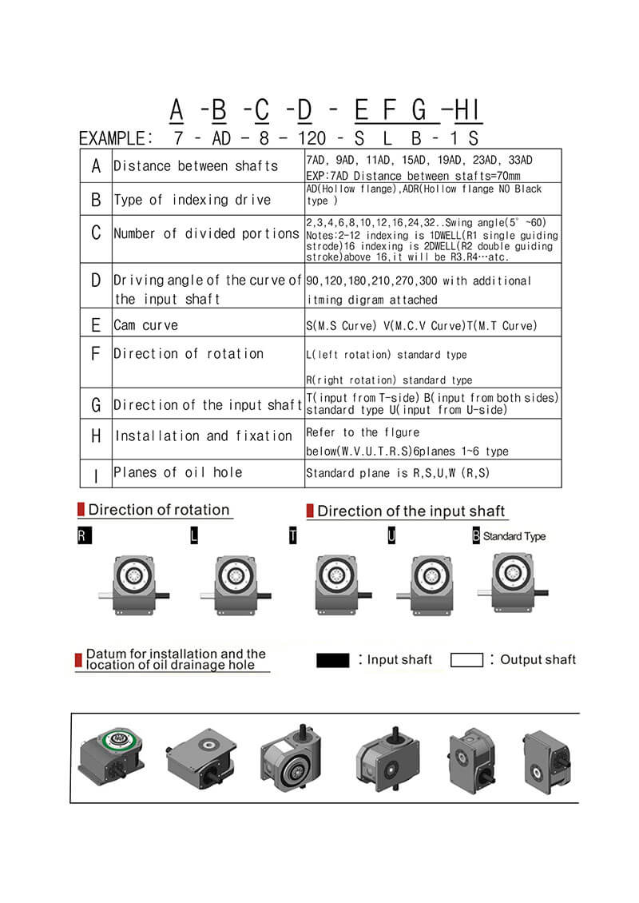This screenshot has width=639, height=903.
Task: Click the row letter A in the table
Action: coord(97,166)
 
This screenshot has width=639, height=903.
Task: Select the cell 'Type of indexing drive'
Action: coord(192,200)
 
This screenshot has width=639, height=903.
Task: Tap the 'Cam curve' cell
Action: coord(146,325)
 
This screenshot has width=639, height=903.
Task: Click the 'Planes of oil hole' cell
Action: coord(177,472)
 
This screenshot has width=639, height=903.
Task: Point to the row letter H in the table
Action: coord(97,436)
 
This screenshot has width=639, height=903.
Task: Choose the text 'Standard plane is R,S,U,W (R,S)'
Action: coord(398,473)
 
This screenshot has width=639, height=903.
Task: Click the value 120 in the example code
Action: coord(312,137)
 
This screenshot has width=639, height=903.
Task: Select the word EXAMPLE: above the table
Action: coord(117,137)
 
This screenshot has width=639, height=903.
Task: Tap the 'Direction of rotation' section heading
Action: coord(158,510)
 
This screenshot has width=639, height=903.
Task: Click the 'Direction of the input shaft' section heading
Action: coord(411,511)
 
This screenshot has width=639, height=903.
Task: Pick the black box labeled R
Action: coord(84,536)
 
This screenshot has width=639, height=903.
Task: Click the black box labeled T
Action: coord(293,536)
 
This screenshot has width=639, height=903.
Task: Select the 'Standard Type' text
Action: coord(514,536)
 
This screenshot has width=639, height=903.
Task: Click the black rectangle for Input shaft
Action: coord(333,660)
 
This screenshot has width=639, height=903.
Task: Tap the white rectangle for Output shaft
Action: coord(466,660)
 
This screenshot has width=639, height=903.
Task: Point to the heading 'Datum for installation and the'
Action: coord(176,653)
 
